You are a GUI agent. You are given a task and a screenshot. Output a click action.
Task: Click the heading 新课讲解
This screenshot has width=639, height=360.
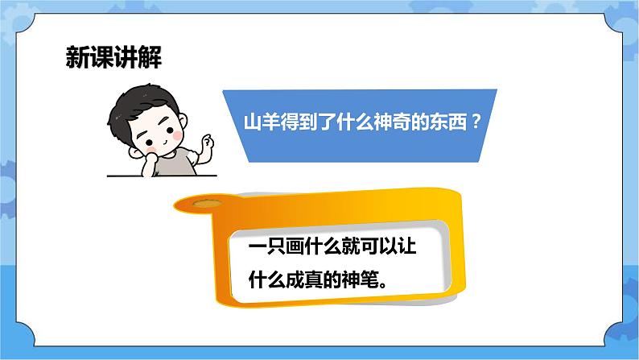[113, 59]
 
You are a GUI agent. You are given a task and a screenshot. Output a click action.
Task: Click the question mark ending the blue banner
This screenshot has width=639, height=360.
[477, 124]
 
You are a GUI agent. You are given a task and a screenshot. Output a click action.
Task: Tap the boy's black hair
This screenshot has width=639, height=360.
[146, 97]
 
